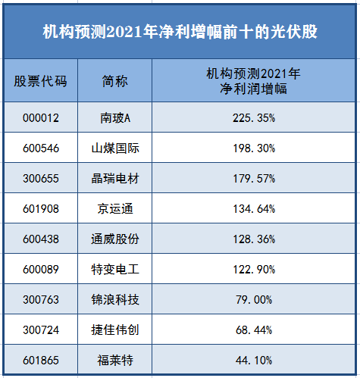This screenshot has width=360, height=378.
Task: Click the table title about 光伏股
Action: pos(180,32)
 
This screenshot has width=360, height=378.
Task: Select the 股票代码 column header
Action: pos(40,81)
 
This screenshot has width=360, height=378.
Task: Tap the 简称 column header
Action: pos(115,81)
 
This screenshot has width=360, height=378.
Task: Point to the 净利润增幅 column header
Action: pos(253,81)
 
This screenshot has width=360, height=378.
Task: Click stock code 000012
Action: pos(41,118)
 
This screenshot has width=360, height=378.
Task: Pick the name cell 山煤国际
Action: pos(115,148)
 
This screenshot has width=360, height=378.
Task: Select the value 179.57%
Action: pos(254,179)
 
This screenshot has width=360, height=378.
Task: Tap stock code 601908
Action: pos(41,209)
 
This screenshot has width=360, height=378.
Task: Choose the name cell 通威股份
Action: pos(115,239)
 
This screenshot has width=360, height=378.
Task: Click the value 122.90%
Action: pos(254,270)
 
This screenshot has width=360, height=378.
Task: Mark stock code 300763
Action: pos(41,300)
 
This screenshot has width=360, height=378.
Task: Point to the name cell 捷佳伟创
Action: pos(115,330)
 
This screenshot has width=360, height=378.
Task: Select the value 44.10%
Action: pos(254,361)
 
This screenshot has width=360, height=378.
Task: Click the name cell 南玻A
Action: pos(115,118)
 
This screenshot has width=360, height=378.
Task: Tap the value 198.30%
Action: pos(254,148)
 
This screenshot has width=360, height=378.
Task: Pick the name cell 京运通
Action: pos(115,209)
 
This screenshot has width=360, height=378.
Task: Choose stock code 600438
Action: pos(41,239)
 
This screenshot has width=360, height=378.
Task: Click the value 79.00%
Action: pos(254,300)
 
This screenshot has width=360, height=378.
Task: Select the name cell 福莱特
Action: pos(115,361)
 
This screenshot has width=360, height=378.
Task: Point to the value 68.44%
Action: pos(254,330)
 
